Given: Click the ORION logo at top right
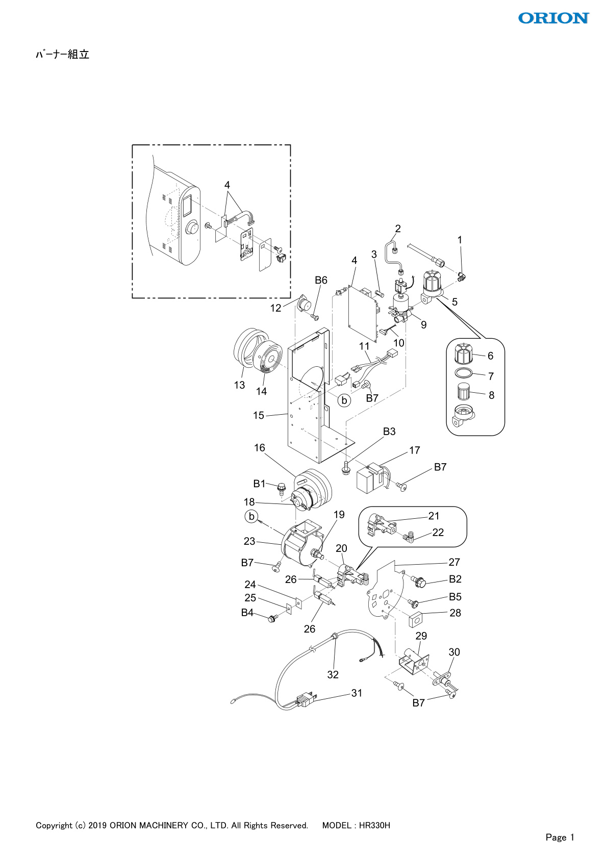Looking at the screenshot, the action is click(553, 18).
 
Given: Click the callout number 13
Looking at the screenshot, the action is click(239, 385).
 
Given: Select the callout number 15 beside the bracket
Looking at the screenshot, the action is click(259, 415).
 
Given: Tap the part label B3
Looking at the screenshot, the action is click(389, 432).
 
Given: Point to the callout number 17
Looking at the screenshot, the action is click(415, 450).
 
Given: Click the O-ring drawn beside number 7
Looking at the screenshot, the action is click(464, 372).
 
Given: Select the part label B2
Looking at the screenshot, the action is click(455, 579).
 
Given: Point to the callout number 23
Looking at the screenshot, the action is click(249, 541).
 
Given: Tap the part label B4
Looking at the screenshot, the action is click(247, 613).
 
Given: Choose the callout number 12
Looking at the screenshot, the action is click(275, 308).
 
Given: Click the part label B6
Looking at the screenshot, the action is click(321, 281).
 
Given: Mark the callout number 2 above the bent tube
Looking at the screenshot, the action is click(398, 229).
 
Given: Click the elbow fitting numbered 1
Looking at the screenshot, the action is click(462, 275).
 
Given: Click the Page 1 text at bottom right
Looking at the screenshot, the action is click(560, 837).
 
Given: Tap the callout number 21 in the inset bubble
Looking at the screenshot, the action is click(434, 516).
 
